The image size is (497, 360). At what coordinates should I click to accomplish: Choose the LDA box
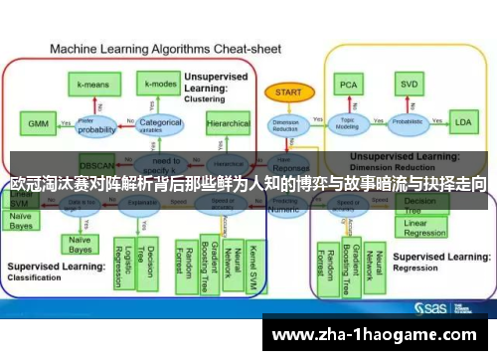tap(461, 123)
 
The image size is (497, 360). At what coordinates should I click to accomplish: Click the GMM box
tap(38, 124)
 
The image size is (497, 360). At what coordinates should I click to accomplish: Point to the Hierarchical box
tap(228, 124)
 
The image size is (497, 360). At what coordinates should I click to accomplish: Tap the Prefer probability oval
tap(97, 127)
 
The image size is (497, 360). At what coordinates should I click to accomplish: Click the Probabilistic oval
tap(407, 123)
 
